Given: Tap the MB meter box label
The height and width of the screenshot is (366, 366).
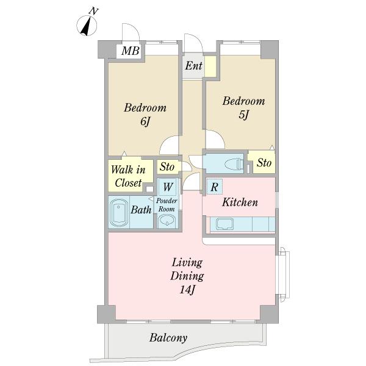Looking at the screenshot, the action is click(131, 51).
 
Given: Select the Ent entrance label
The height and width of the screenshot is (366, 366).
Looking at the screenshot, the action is click(193, 66).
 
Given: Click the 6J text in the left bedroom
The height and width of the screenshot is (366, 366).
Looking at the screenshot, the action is click(145, 121).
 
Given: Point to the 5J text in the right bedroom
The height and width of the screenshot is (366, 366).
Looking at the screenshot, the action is click(244, 115).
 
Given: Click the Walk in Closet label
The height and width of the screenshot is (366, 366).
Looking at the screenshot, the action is click(128, 176).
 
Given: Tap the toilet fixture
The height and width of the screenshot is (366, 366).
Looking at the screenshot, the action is click(234, 164).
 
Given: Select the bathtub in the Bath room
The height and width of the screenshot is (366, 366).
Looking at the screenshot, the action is click(118, 212).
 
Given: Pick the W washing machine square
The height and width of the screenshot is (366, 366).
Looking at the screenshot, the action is click(168, 187).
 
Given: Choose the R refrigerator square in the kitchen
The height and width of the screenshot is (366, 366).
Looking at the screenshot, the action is click(214, 187).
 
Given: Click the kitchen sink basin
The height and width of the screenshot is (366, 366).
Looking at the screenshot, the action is click(224, 224).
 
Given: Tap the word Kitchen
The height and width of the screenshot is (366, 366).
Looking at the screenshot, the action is click(240, 202).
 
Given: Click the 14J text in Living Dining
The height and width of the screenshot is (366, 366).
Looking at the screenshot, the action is click(187, 290).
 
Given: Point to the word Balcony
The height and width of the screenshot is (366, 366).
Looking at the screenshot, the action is click(168, 338).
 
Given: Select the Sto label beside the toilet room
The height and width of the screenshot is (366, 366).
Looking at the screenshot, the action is click(264, 163).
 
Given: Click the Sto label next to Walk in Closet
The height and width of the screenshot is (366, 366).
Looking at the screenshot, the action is click(167, 167).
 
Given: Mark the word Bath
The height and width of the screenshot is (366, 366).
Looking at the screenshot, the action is click(141, 210).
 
